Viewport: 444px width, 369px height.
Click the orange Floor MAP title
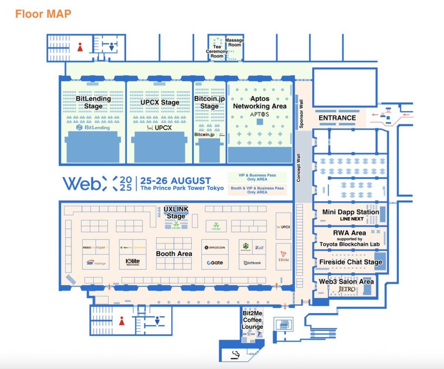click(x=43, y=13)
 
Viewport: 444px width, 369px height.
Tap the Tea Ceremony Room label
click(x=217, y=52)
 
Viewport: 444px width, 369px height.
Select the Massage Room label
click(x=235, y=42)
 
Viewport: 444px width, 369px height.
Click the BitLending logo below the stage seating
click(x=93, y=127)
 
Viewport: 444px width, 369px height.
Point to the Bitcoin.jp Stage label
click(x=209, y=102)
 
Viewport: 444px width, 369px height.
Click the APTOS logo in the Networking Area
click(x=260, y=114)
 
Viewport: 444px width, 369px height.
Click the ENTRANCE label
click(x=337, y=118)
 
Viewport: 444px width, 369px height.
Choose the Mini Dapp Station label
click(x=350, y=212)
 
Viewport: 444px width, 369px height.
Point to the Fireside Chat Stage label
click(x=350, y=262)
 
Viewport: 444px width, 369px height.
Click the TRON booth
click(x=283, y=256)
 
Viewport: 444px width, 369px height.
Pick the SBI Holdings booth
click(x=95, y=263)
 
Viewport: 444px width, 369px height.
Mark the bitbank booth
click(x=252, y=263)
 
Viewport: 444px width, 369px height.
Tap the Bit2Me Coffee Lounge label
click(x=252, y=320)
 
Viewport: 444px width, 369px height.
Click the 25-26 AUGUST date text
click(x=176, y=180)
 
